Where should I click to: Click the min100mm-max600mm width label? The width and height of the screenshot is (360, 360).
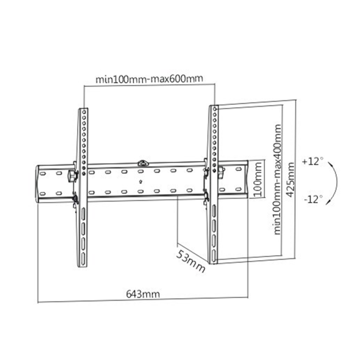click(149, 80)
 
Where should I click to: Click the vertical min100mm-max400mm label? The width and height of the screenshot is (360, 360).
click(278, 179)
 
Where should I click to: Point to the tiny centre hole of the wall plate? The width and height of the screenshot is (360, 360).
click(141, 181)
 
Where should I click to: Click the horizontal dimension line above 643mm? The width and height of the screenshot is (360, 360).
click(143, 300)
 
